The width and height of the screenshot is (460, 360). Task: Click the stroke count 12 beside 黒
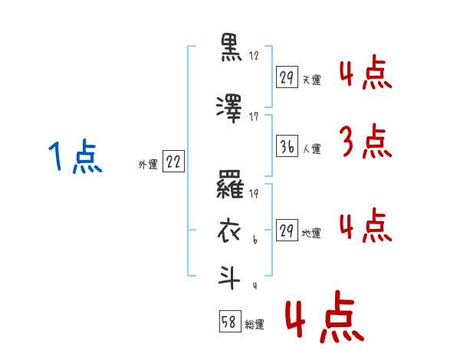(255, 56)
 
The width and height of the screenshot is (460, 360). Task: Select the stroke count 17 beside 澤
(255, 116)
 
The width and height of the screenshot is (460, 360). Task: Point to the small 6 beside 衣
(255, 241)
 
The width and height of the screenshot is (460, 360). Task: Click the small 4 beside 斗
(255, 286)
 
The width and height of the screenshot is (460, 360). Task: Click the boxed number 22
(173, 162)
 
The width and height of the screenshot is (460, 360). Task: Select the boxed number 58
(229, 322)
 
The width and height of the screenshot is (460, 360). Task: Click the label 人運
(311, 150)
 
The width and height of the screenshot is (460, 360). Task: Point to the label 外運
(147, 164)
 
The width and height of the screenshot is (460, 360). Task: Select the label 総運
(255, 324)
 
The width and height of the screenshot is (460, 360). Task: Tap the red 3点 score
(364, 142)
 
